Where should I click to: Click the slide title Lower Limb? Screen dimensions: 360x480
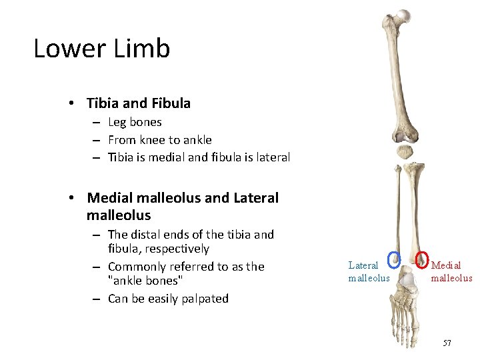tap(102, 49)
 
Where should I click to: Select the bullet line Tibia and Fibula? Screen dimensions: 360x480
tap(139, 103)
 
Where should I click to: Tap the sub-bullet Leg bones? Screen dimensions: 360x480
tap(135, 122)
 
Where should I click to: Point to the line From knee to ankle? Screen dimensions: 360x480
tap(159, 140)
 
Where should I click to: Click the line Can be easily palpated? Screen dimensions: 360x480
tap(168, 299)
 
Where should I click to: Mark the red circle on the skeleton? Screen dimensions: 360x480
tap(422, 258)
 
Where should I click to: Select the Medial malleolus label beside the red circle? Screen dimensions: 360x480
tap(451, 271)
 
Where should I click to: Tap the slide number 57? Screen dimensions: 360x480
tap(447, 343)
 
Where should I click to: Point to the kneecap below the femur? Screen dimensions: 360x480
tap(405, 152)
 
